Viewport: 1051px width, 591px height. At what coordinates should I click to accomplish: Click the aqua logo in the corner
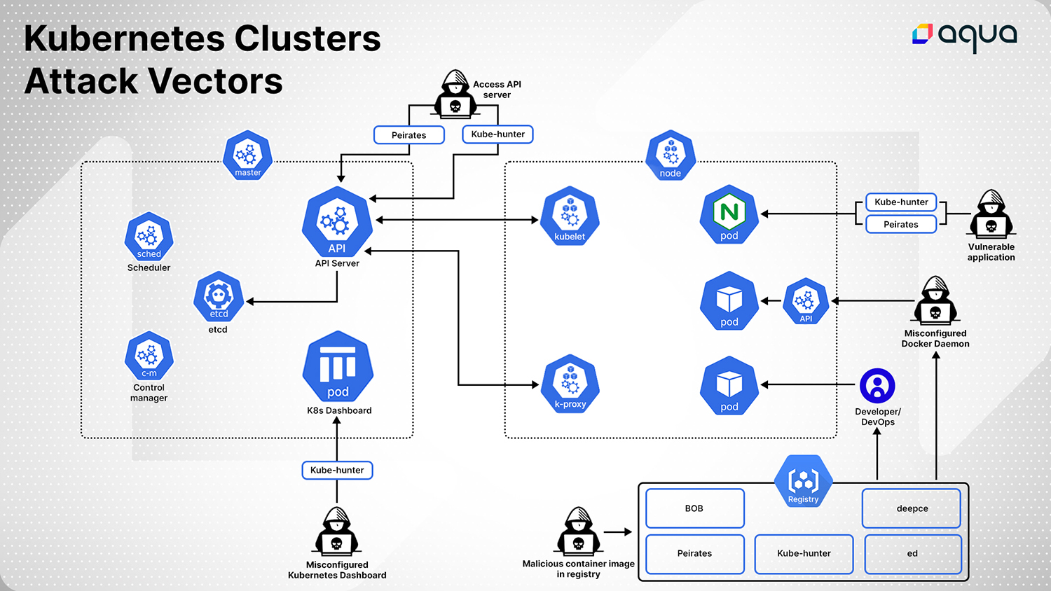click(964, 35)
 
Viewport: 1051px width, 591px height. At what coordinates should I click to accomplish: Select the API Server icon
click(337, 222)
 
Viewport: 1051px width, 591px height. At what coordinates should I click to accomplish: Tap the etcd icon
click(219, 297)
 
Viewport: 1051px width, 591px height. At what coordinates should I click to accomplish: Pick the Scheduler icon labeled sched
click(149, 237)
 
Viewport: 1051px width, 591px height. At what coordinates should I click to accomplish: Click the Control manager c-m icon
click(149, 356)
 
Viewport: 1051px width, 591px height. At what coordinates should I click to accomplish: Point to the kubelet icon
click(570, 216)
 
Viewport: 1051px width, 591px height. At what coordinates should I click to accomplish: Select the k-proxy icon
click(570, 384)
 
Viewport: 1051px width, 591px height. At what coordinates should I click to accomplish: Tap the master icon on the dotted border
click(247, 155)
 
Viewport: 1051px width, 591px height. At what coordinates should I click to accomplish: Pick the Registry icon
click(803, 482)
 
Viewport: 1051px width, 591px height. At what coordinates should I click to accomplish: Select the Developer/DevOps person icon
click(877, 386)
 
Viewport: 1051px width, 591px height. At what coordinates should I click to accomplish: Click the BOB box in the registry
click(694, 508)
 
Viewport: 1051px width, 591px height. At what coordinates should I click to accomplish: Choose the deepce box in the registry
click(912, 508)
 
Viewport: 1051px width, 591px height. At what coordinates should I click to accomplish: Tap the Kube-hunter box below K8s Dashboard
click(337, 471)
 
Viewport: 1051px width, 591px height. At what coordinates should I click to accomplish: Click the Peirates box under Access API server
click(408, 135)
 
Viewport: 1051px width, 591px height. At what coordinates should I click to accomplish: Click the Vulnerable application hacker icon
click(991, 215)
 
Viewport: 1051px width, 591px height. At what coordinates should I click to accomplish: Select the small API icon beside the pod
click(806, 301)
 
